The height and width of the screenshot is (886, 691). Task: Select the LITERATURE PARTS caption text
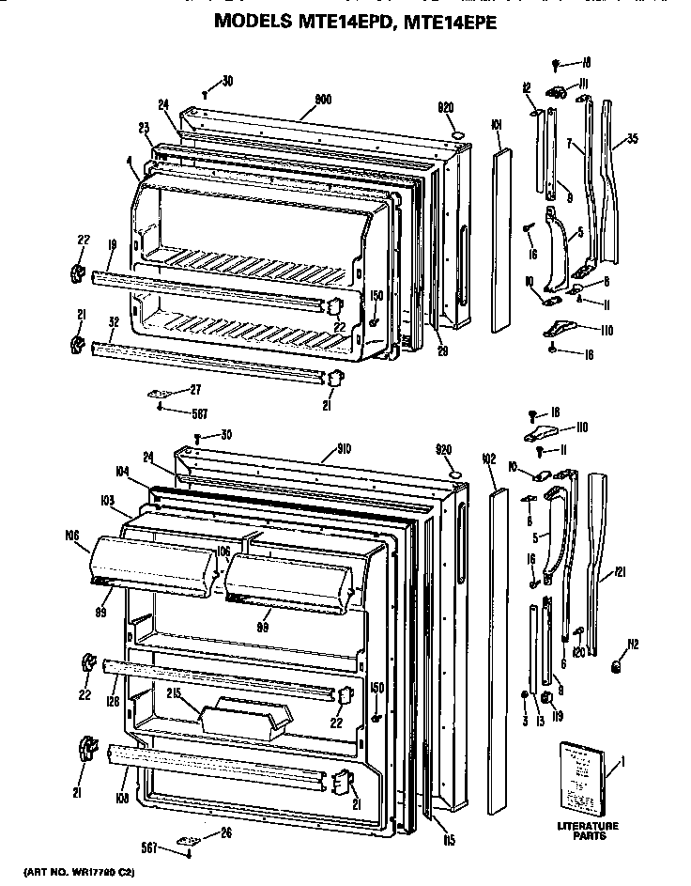point(587,832)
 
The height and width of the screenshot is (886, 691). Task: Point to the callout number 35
point(632,139)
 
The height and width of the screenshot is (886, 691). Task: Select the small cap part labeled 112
point(618,666)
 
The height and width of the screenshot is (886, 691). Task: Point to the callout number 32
point(113,320)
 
